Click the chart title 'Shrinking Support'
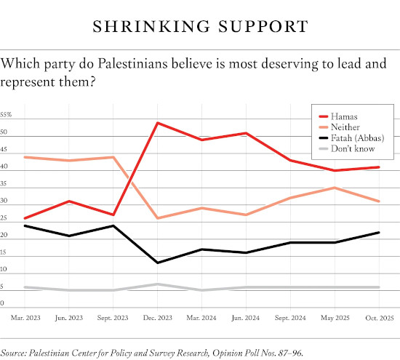pyautogui.click(x=200, y=27)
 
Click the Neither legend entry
pyautogui.click(x=346, y=127)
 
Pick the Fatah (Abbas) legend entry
pyautogui.click(x=356, y=137)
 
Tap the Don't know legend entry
pyautogui.click(x=352, y=148)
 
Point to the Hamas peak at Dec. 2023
pyautogui.click(x=158, y=123)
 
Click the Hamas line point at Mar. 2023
pyautogui.click(x=25, y=218)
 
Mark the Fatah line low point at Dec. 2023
pyautogui.click(x=158, y=263)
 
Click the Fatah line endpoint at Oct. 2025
pyautogui.click(x=378, y=232)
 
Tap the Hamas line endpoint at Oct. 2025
pyautogui.click(x=378, y=167)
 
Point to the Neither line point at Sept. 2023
pyautogui.click(x=113, y=157)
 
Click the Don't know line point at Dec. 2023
pyautogui.click(x=158, y=284)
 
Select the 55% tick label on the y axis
pyautogui.click(x=6, y=115)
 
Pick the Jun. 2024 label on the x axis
pyautogui.click(x=246, y=318)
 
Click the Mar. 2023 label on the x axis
pyautogui.click(x=25, y=318)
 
